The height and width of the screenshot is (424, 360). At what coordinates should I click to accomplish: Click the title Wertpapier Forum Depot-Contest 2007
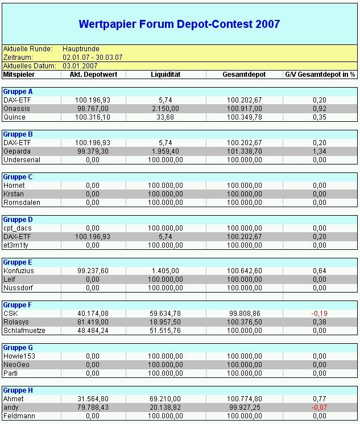coord(179,24)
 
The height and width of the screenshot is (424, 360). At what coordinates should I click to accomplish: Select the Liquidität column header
coord(165,75)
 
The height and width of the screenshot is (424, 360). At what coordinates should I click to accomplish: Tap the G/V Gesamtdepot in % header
coord(320,75)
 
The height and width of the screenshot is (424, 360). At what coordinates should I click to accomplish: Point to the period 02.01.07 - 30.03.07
coord(93,57)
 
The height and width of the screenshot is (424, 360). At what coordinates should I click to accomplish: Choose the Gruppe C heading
coord(18,177)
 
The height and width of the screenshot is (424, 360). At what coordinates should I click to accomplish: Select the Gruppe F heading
coord(18,305)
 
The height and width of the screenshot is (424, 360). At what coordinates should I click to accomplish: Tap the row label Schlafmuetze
coord(24,331)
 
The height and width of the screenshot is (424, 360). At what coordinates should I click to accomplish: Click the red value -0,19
coord(319,314)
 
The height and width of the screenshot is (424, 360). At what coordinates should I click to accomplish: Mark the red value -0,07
coord(319,407)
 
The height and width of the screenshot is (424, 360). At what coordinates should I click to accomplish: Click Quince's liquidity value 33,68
coord(165,117)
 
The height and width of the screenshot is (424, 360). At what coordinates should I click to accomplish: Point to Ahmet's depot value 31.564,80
coord(92,399)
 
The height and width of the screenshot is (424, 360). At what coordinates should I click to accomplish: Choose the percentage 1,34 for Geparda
coord(319,151)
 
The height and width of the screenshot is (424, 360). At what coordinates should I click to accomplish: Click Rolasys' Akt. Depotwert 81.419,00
coord(92,322)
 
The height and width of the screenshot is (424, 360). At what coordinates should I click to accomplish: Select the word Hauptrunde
coord(81,49)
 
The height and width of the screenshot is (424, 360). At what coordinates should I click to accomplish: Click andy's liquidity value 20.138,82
coord(165,407)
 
